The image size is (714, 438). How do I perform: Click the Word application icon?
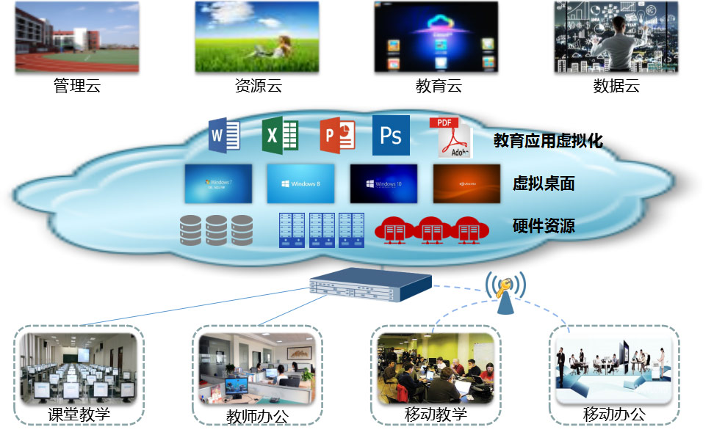[x=225, y=135]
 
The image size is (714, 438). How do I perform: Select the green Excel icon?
[x=281, y=135]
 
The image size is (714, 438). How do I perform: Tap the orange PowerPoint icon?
[x=337, y=136]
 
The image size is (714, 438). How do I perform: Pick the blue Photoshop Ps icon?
[x=391, y=135]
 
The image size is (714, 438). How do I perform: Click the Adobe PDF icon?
[x=450, y=137]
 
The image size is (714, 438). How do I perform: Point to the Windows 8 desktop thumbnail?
[x=300, y=183]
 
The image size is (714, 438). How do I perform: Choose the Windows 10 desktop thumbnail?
[x=383, y=183]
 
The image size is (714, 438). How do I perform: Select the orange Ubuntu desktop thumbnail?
[x=466, y=183]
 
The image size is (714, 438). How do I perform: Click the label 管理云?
[x=77, y=86]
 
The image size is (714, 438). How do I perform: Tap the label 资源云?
[x=258, y=86]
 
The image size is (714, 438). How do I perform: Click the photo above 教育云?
[x=436, y=37]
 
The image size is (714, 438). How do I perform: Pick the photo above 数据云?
[x=616, y=37]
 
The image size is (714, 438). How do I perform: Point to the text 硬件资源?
[x=544, y=225]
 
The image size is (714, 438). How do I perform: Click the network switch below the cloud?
[x=369, y=288]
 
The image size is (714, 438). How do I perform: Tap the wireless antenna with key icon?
[x=505, y=293]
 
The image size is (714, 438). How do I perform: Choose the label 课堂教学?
[x=79, y=415]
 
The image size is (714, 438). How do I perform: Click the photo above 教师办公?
[x=257, y=368]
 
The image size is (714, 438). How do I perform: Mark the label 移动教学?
[x=436, y=415]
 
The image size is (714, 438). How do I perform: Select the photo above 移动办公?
[x=614, y=368]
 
